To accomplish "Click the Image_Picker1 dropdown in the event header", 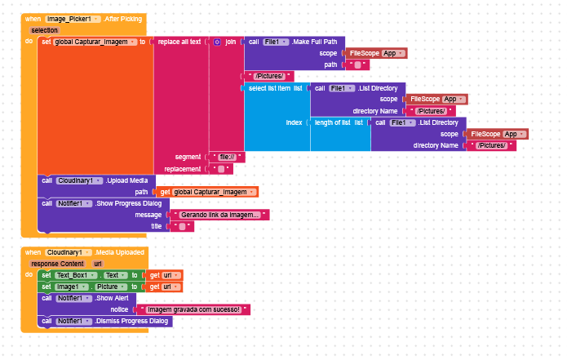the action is (x=73, y=19).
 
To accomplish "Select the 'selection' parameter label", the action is (x=44, y=30).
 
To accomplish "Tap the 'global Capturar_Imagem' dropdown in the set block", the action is (x=95, y=42).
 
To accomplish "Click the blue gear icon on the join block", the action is (x=217, y=42).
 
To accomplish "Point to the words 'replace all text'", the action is (x=179, y=42).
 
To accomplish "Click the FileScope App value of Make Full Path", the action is (x=376, y=53).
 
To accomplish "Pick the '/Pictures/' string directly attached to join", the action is (x=269, y=76).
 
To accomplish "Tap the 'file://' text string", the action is (x=227, y=157).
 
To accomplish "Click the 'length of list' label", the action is (x=332, y=122).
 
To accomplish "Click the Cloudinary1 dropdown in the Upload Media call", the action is (x=79, y=180).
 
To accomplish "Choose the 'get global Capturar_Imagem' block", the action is (x=207, y=192).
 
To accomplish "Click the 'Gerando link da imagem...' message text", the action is (x=219, y=215).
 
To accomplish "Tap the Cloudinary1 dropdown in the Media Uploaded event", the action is (x=69, y=252).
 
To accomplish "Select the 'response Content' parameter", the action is (x=57, y=264).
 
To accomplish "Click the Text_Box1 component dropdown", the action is (x=77, y=275).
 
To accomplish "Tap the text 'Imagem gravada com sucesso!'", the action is (x=194, y=309).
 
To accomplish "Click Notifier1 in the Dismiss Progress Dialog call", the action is (x=74, y=322).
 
